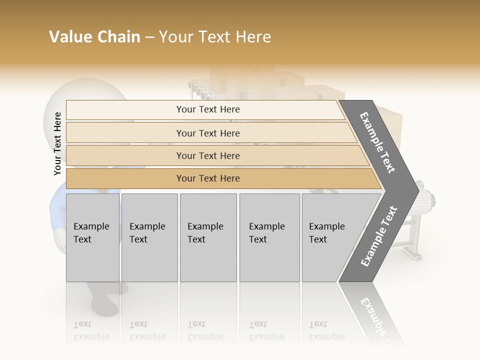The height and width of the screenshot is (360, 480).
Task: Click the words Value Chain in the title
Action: click(94, 37)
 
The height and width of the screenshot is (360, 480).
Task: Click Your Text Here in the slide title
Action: click(215, 37)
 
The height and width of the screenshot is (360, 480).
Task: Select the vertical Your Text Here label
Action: click(57, 143)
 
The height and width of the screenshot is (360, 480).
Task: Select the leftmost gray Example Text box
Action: click(92, 237)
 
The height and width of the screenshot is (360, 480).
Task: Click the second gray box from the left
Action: click(149, 237)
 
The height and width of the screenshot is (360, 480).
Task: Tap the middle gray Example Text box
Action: click(208, 237)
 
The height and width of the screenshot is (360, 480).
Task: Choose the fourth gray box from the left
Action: click(269, 237)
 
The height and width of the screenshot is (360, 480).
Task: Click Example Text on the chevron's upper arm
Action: click(377, 142)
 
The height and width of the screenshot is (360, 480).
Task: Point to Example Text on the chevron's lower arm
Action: click(378, 236)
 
